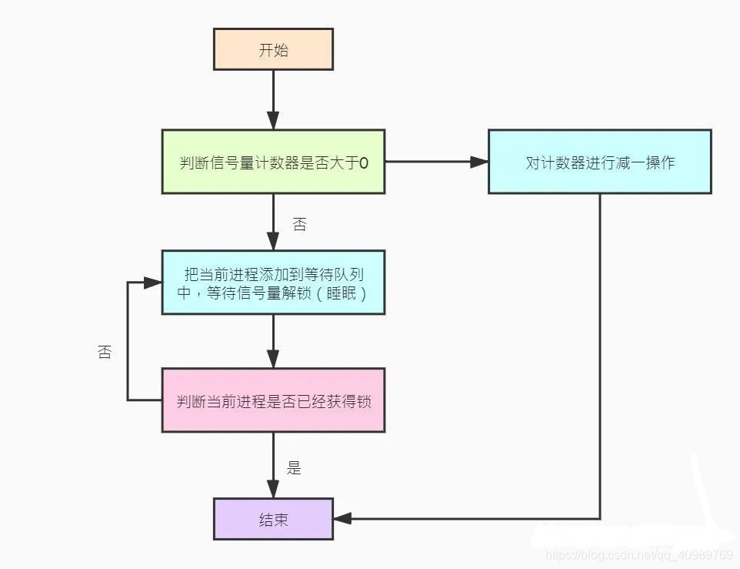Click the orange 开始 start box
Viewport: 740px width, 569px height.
click(x=273, y=50)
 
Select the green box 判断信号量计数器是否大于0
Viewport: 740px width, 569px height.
click(x=273, y=162)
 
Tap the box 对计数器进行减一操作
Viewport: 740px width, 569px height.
click(x=600, y=162)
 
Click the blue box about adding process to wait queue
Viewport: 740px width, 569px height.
click(x=273, y=283)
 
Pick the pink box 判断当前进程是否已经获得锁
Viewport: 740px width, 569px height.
click(x=273, y=400)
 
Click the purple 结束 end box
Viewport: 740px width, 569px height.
click(x=273, y=519)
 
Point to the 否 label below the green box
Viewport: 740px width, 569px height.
click(x=300, y=224)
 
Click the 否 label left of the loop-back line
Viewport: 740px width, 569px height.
click(x=105, y=353)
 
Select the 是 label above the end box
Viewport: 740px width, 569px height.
click(x=294, y=467)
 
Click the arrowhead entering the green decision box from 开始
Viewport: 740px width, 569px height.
click(x=273, y=121)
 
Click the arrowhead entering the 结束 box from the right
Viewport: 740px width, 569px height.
click(x=342, y=519)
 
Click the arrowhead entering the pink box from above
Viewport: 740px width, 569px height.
click(x=273, y=360)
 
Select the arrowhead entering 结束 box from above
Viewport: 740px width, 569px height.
click(x=273, y=490)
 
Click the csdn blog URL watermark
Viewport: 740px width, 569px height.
click(x=638, y=555)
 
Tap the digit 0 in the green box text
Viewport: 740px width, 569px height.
click(x=365, y=162)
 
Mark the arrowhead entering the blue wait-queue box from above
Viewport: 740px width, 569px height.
click(x=273, y=242)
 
